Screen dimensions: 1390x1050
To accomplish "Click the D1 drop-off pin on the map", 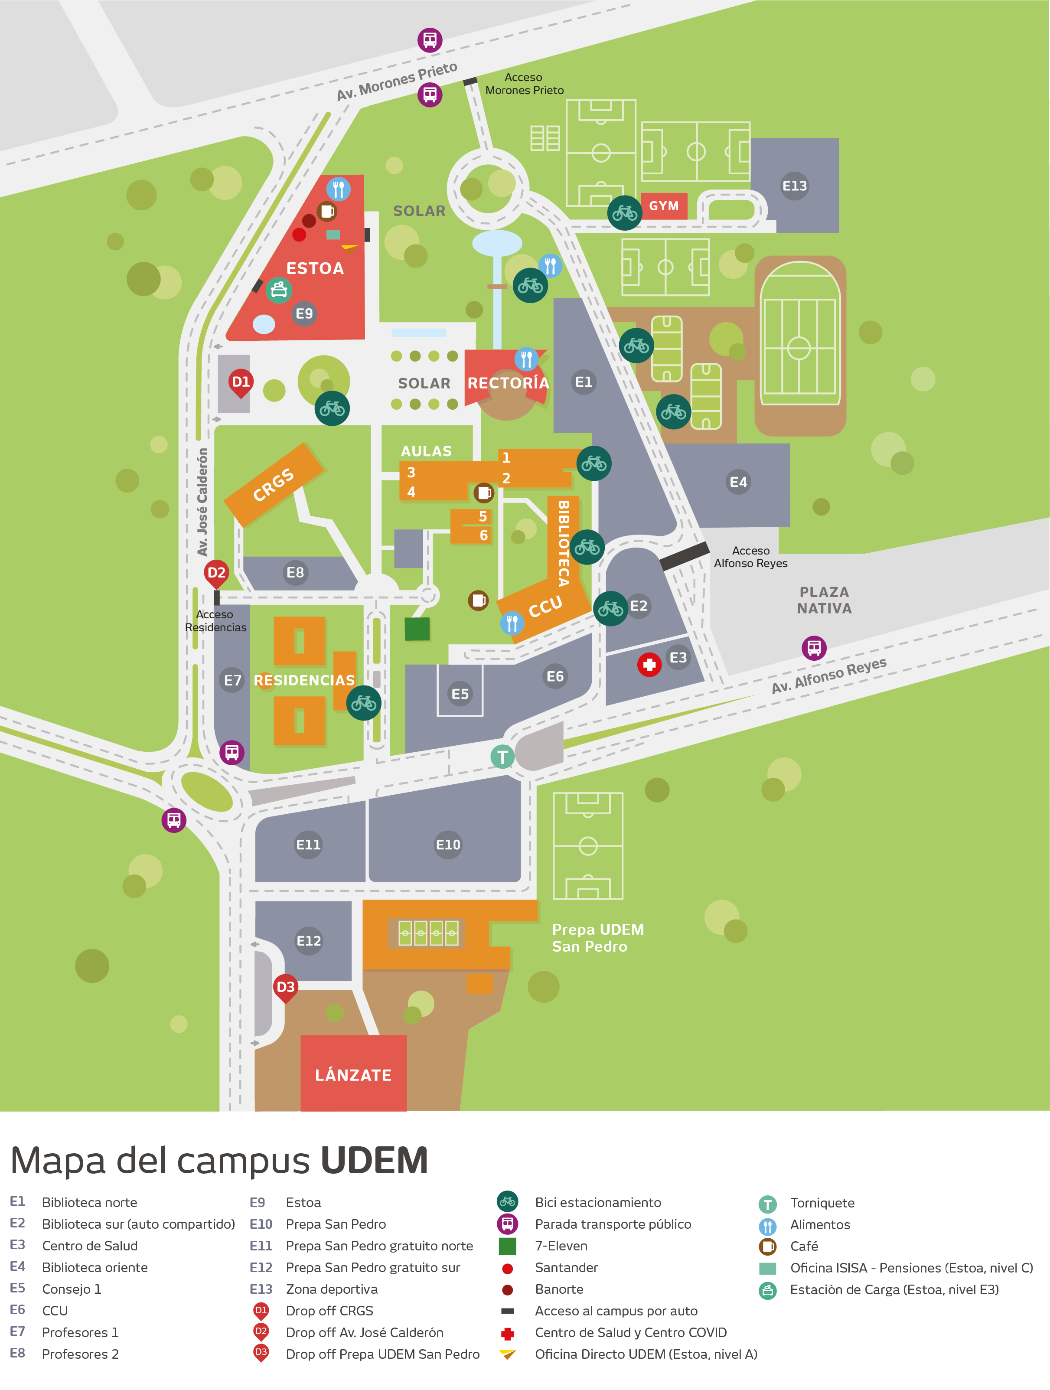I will (241, 382).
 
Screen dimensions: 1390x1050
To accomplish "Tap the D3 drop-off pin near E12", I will (285, 987).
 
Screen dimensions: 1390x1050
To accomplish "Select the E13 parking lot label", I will (794, 186).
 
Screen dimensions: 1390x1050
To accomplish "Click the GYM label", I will (664, 206).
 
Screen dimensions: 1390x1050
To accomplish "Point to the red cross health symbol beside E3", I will (649, 664).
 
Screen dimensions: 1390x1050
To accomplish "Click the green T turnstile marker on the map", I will (502, 757).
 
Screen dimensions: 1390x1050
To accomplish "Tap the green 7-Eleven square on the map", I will (417, 628).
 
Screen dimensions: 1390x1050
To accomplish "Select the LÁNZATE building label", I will (353, 1075).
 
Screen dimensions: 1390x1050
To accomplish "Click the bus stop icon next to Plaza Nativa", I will (814, 647).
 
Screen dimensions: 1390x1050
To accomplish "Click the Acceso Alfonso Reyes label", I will (750, 557).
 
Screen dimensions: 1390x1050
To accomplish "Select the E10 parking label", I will (448, 845).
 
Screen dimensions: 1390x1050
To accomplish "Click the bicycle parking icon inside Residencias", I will (363, 703).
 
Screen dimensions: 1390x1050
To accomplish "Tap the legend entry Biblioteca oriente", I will (95, 1267).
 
